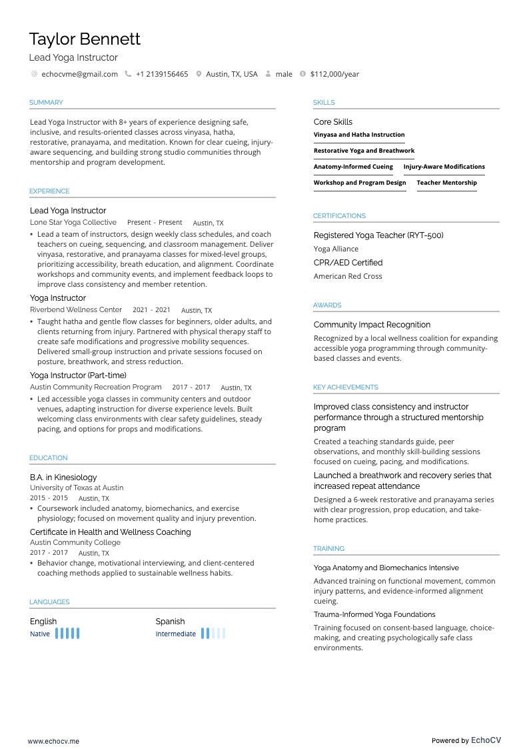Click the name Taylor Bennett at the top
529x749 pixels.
click(85, 39)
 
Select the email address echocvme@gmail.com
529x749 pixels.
click(79, 74)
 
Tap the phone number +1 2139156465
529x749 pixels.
click(162, 74)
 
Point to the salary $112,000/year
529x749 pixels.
click(334, 74)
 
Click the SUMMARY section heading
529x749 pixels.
click(46, 103)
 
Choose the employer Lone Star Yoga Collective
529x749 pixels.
click(73, 223)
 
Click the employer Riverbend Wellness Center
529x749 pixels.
click(76, 310)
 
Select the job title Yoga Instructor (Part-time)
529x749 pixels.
click(78, 376)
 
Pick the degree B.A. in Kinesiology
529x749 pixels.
click(63, 478)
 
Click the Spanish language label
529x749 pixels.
click(170, 622)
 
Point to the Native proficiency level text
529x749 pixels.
click(40, 634)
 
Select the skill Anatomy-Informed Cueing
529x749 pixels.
click(353, 167)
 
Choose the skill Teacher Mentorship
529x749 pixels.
click(446, 183)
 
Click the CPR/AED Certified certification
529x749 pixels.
click(348, 263)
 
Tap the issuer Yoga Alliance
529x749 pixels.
click(336, 249)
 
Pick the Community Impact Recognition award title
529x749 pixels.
click(372, 325)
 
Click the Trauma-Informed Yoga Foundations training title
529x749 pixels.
click(374, 614)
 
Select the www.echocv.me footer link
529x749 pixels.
click(53, 741)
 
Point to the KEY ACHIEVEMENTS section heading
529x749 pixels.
click(345, 388)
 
